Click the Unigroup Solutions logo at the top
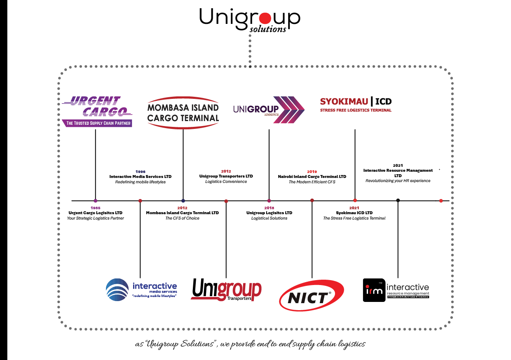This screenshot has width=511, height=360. click(250, 19)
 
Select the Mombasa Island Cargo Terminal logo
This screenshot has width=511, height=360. click(183, 112)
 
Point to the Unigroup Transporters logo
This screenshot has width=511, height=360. click(226, 290)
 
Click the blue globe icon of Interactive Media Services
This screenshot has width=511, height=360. click(117, 290)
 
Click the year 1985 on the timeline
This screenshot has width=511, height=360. click(95, 208)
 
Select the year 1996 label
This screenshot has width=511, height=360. click(140, 171)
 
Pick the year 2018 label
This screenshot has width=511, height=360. click(269, 208)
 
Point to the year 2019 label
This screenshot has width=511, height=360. click(312, 171)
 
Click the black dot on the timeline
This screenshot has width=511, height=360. click(398, 201)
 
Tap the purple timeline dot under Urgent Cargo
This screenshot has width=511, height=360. click(96, 201)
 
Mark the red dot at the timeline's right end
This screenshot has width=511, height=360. click(441, 201)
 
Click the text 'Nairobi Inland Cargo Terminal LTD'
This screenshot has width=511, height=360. click(312, 177)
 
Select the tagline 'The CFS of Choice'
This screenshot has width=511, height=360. click(182, 218)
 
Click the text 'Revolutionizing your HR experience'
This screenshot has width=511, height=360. click(398, 181)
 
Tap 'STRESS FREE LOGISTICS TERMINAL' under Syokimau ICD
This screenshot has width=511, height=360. click(356, 110)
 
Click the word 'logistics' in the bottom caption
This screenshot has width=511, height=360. click(350, 344)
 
